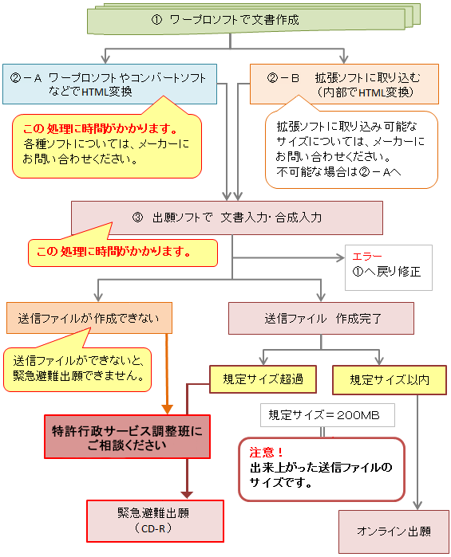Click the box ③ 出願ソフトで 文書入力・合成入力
pos(227,217)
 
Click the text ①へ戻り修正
pos(386,272)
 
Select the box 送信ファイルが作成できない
pos(88,319)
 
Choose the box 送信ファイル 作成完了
pos(321,319)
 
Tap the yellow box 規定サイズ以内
pos(389,379)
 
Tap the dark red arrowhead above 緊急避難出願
pos(187,492)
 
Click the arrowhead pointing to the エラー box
pos(339,258)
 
